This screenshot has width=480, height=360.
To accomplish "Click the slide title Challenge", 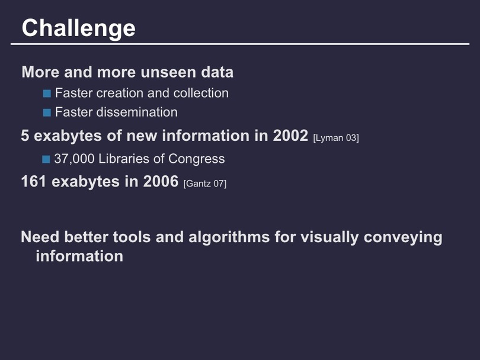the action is [x=78, y=28].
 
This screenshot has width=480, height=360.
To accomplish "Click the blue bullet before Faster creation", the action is [x=47, y=94].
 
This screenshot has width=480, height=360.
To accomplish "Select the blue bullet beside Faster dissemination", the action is [x=47, y=113].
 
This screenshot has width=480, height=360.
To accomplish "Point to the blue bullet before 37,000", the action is [x=46, y=159].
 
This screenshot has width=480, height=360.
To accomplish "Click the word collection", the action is [x=201, y=93].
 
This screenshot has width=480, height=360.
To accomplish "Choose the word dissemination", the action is [x=137, y=112].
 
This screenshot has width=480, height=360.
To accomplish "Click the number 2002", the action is [x=290, y=136].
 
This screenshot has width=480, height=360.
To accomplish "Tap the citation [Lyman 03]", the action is [x=336, y=138].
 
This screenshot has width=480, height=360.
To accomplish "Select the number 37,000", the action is [x=74, y=159].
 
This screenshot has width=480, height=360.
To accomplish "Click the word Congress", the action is [x=196, y=159].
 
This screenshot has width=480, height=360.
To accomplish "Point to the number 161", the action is [x=34, y=181].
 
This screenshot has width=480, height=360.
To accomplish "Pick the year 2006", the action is [x=161, y=181].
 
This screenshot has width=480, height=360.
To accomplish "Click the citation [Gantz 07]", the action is [x=205, y=184].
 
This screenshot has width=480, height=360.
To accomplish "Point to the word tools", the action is [x=132, y=237].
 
